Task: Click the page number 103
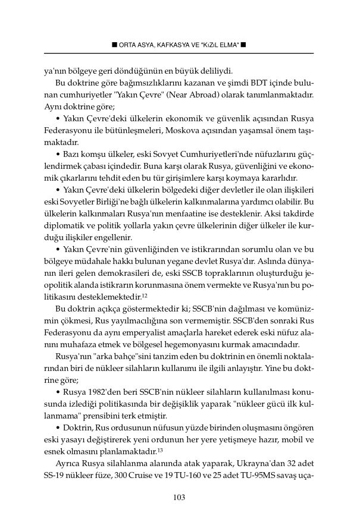180,498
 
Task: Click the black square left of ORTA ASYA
114,45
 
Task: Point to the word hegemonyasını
212,344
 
